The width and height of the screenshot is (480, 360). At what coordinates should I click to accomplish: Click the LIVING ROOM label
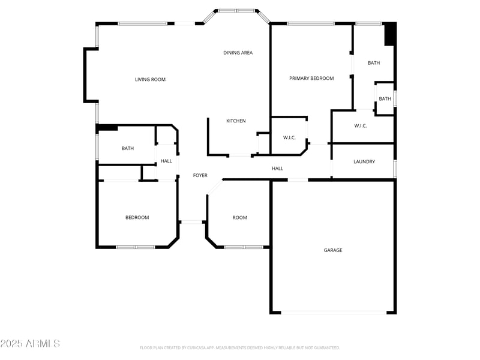coord(150,79)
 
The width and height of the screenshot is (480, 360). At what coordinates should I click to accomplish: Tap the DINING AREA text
coord(238,53)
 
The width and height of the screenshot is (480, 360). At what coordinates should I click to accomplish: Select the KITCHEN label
coord(236,121)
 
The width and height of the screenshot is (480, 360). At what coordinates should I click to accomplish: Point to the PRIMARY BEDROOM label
coord(311,78)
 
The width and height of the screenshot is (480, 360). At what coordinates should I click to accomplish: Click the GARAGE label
coord(333,250)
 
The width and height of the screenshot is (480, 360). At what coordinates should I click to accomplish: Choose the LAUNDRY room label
coord(364,161)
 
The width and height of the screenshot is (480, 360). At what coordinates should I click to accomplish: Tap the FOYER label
coord(200,175)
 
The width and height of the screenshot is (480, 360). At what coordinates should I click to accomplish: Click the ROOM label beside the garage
coord(239,218)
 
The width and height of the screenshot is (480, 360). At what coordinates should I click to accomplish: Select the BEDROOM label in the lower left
coord(137,218)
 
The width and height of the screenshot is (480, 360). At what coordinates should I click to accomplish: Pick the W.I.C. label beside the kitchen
coord(289,138)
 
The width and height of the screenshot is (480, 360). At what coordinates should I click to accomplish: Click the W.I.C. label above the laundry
coord(361,126)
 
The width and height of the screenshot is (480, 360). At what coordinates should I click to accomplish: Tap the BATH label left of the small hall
coord(128,148)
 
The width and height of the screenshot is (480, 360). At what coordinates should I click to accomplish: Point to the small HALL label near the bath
coord(166,161)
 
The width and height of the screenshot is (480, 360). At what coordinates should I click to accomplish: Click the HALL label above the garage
coord(277,169)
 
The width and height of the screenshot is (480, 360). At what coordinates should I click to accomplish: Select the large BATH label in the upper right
coord(374,63)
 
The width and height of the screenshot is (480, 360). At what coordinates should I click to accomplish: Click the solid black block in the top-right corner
coord(390,34)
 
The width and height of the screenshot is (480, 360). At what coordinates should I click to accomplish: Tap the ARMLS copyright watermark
coord(30,344)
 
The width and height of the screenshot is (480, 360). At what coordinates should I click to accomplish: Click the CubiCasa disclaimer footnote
coord(240,347)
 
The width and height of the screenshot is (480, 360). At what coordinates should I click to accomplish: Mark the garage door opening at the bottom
coord(334,313)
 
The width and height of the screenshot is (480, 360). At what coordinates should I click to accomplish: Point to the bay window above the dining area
coord(236,11)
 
